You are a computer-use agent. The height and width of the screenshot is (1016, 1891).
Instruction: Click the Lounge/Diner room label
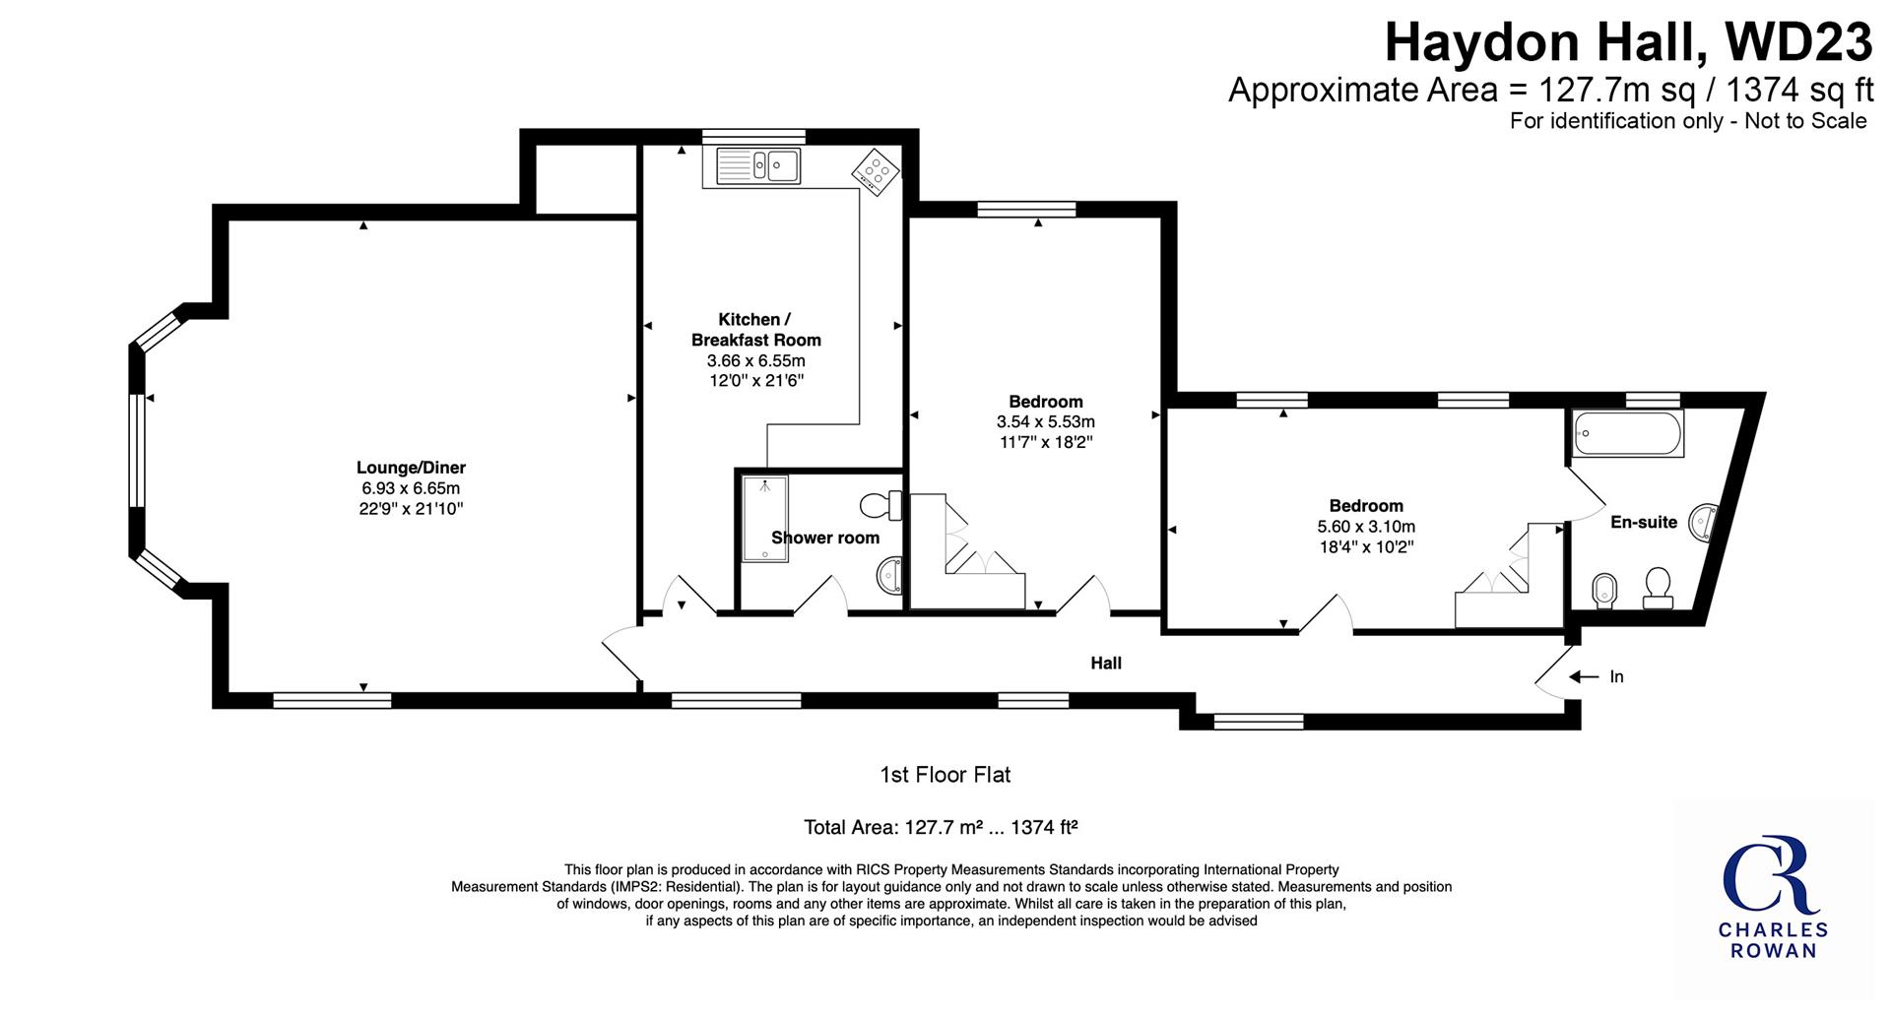pos(411,468)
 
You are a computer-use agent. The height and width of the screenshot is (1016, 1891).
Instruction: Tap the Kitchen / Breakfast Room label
pos(755,330)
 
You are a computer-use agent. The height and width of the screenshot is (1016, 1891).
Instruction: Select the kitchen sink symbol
pos(757,164)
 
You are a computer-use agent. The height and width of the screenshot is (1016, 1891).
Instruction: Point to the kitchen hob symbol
pos(875,172)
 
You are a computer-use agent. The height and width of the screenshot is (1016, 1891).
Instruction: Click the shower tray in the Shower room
pos(765,519)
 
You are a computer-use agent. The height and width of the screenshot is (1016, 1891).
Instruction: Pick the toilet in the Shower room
pos(881,506)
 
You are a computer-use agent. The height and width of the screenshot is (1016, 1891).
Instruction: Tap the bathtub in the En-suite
pos(1628,434)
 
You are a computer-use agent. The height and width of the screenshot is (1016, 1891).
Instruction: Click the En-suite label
pos(1643,522)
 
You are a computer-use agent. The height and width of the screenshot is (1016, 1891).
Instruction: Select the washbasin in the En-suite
pos(1704,521)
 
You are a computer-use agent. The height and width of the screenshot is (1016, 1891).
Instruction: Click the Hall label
pos(1106,664)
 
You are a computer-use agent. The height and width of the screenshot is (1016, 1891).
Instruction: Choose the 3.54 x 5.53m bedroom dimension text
pos(1046,422)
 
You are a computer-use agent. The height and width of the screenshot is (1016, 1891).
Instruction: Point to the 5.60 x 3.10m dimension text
pos(1366,527)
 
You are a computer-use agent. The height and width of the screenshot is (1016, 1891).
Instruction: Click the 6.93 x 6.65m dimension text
pos(411,488)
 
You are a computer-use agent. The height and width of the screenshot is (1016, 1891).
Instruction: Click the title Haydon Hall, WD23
pos(1629,43)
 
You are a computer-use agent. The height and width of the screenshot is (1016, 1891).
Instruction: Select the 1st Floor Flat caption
pos(945,775)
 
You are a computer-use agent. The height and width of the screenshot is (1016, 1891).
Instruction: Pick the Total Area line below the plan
pos(941,827)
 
